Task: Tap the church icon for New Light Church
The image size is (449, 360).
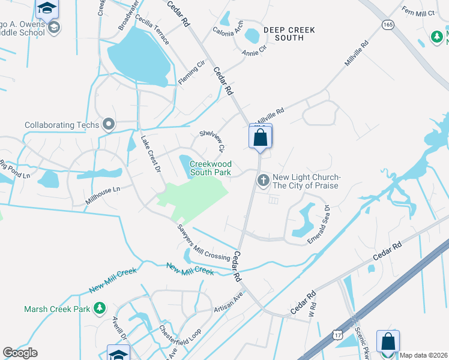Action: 263,180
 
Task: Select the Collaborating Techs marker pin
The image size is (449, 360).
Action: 109,124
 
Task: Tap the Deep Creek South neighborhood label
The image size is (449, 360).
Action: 280,33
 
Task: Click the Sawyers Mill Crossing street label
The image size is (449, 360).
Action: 203,242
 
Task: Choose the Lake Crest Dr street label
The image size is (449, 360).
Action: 150,154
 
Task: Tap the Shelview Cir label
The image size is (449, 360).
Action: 212,140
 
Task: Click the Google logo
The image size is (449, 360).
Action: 20,353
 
